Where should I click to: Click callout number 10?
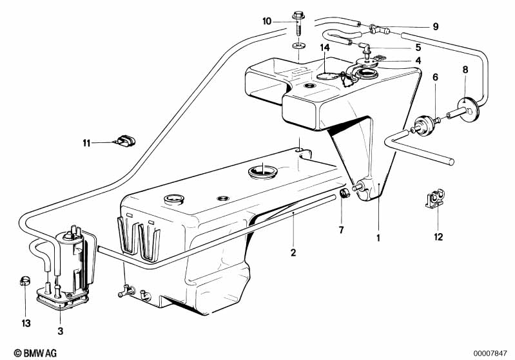pyautogui.click(x=267, y=21)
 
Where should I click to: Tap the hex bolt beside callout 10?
pyautogui.click(x=298, y=24)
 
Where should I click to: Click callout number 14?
pyautogui.click(x=324, y=48)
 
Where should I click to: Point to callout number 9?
pyautogui.click(x=436, y=26)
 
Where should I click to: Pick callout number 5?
pyautogui.click(x=418, y=48)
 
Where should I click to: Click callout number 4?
pyautogui.click(x=418, y=61)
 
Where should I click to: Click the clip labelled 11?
pyautogui.click(x=125, y=141)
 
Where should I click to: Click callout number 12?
pyautogui.click(x=438, y=236)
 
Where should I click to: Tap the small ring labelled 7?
pyautogui.click(x=345, y=194)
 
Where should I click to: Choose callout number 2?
pyautogui.click(x=293, y=252)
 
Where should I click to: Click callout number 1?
pyautogui.click(x=378, y=238)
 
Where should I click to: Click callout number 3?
pyautogui.click(x=60, y=331)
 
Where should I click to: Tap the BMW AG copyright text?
pyautogui.click(x=35, y=353)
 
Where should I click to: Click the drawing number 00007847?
pyautogui.click(x=490, y=354)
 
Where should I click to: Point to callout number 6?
pyautogui.click(x=435, y=77)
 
